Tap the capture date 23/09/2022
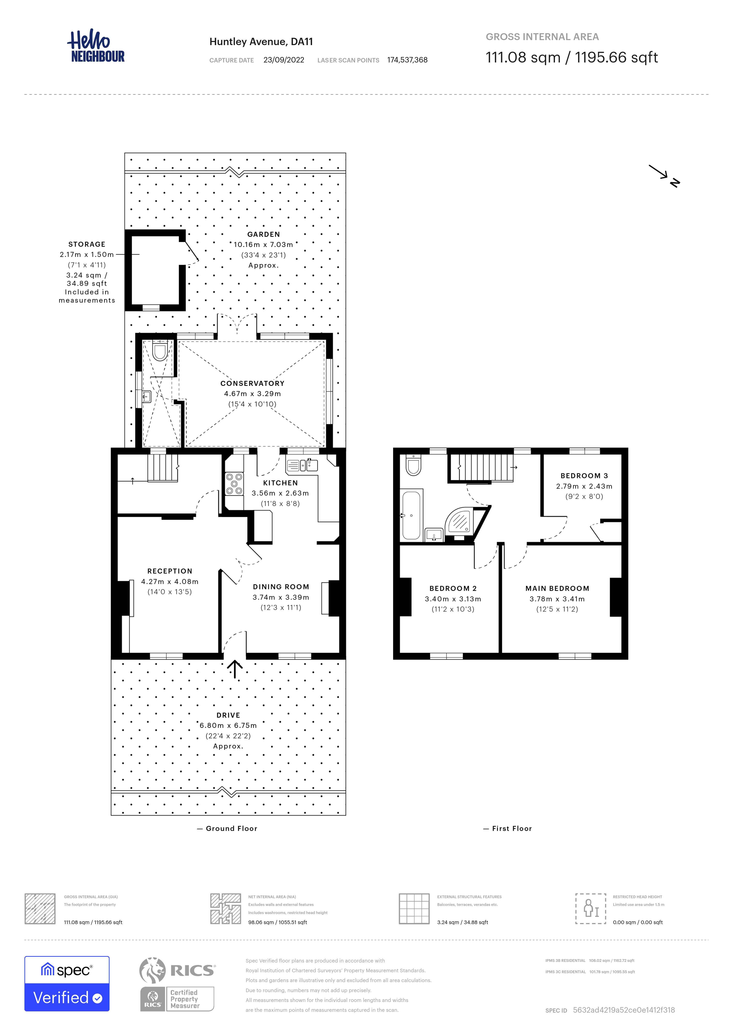point(284,60)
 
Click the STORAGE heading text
point(87,244)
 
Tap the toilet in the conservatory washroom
point(160,351)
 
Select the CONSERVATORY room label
point(252,383)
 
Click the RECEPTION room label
point(170,571)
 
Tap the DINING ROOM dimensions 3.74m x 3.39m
point(281,597)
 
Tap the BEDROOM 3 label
point(584,476)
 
